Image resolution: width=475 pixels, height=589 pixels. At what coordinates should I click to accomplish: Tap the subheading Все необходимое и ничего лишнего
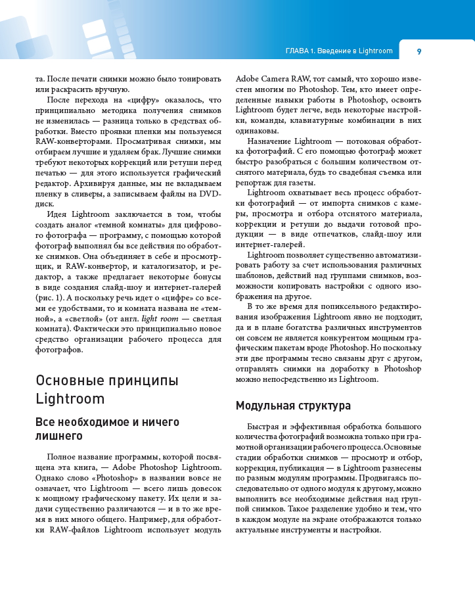pos(107,428)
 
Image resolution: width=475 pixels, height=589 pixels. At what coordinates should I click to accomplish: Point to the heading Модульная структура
pos(293,406)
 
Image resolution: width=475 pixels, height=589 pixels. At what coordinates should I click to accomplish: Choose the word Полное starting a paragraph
pos(62,456)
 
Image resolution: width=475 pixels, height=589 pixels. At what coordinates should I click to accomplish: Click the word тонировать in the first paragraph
pos(198,78)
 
